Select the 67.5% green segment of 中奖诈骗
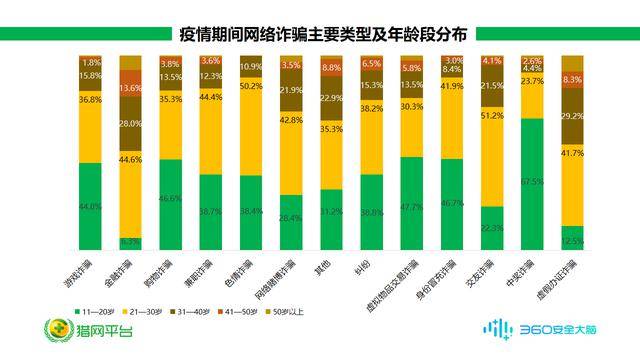coord(533,183)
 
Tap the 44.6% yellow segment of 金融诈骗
coord(131,186)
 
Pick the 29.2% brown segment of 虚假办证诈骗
coord(573,116)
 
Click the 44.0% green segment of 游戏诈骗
coord(91,206)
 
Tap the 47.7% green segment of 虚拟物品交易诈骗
coord(412,204)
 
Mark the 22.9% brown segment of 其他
coord(332,98)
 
